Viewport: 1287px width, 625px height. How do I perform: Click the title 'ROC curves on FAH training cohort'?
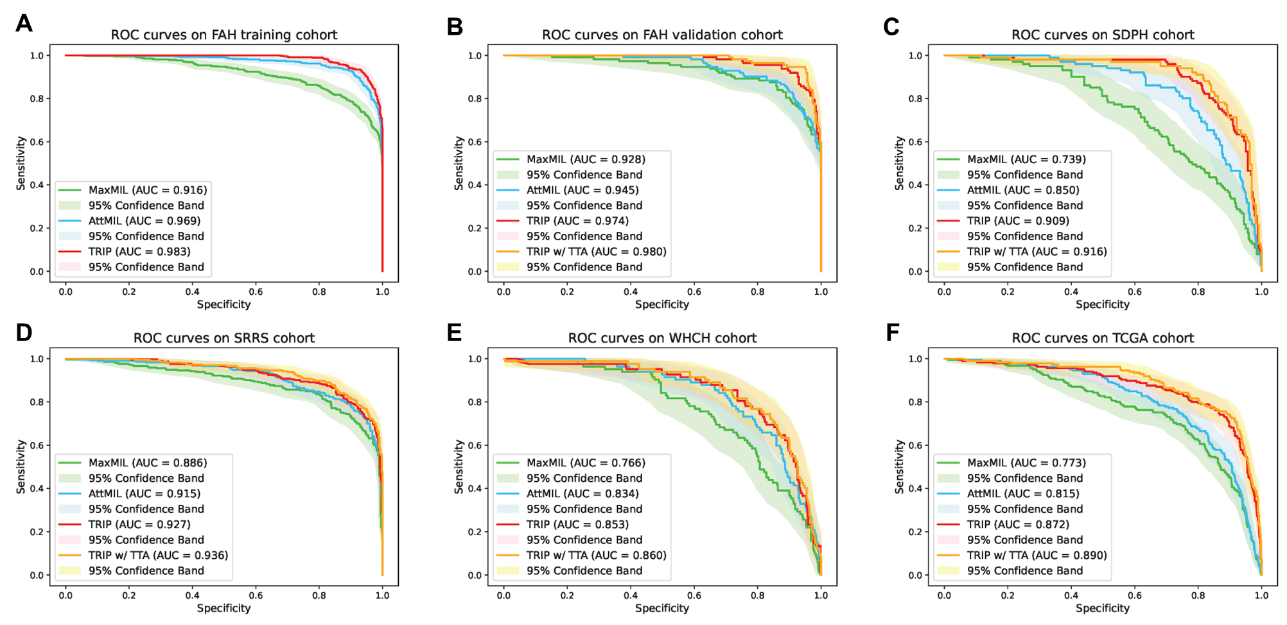223,35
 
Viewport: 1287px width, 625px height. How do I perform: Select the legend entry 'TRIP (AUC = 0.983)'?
139,252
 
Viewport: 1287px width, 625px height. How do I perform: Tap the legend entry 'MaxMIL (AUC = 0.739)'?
1026,159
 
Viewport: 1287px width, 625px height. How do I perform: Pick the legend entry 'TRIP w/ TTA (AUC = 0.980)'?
596,252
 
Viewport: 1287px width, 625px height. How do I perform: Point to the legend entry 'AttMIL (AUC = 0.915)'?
144,494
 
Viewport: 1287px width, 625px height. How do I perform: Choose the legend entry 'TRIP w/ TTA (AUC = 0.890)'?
1037,556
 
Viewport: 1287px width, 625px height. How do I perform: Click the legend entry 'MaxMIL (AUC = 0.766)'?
586,463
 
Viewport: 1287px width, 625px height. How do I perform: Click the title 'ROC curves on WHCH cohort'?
662,339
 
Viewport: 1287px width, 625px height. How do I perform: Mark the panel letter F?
892,333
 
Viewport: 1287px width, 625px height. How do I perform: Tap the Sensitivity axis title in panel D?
21,466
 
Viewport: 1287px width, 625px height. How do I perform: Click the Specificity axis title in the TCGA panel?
1102,608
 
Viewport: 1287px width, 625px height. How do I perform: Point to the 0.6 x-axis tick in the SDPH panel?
1135,292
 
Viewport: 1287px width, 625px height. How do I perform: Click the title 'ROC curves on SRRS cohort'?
223,339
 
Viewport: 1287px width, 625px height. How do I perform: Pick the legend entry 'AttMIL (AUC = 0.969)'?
144,221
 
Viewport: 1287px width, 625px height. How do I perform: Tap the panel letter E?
454,333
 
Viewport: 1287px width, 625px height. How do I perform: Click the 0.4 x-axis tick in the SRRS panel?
192,595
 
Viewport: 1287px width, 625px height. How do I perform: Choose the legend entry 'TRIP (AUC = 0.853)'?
577,525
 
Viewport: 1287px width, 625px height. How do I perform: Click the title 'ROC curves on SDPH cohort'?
1102,35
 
